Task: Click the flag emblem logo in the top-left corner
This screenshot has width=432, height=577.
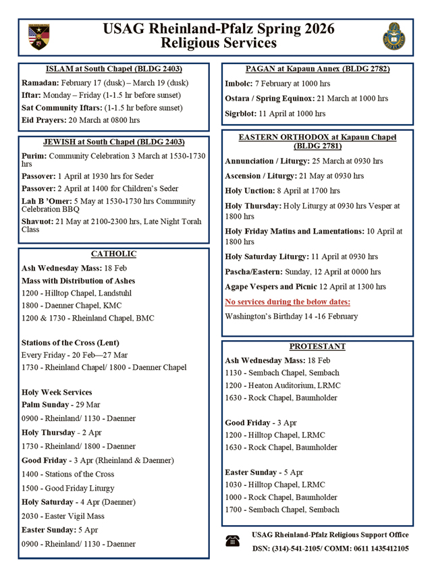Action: point(39,36)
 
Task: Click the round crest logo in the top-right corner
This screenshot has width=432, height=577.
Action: point(393,36)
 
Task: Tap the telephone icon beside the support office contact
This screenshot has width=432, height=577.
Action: point(233,541)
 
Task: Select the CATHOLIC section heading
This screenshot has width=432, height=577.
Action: point(113,254)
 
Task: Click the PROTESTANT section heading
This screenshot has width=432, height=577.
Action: point(317,346)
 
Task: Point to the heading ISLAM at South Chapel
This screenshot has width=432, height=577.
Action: point(113,70)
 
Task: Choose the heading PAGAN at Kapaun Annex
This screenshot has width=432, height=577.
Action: point(317,70)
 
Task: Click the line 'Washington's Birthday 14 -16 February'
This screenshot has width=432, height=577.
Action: point(291,317)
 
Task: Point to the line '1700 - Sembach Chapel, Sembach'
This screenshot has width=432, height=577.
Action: point(281,510)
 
